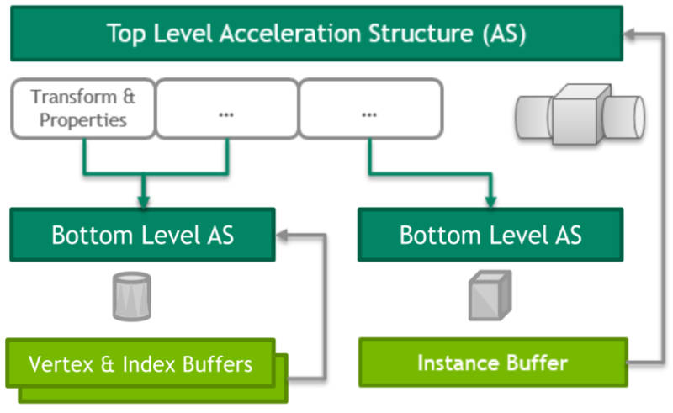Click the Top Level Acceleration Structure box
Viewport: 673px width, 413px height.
(317, 34)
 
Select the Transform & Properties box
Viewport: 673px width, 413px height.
(82, 109)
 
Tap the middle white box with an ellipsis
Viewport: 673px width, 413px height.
(226, 109)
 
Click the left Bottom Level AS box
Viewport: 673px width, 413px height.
(142, 235)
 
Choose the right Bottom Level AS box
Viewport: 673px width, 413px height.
(490, 235)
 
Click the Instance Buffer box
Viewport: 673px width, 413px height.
(493, 363)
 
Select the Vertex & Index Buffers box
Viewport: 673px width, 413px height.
(140, 363)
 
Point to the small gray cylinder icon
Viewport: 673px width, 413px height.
(132, 297)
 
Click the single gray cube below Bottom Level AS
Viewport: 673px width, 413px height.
(490, 295)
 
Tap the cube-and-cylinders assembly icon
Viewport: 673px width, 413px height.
(580, 114)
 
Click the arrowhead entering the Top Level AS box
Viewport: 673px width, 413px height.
(630, 34)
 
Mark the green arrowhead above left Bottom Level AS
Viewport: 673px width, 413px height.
(144, 201)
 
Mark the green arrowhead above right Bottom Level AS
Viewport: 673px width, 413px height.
(490, 201)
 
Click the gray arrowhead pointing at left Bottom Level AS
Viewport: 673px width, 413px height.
(283, 235)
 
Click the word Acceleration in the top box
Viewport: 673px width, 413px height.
(290, 34)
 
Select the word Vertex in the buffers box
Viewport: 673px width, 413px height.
(61, 364)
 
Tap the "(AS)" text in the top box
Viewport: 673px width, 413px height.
(504, 34)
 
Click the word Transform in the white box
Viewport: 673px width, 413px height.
(73, 97)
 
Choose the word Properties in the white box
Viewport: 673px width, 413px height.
(83, 120)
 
